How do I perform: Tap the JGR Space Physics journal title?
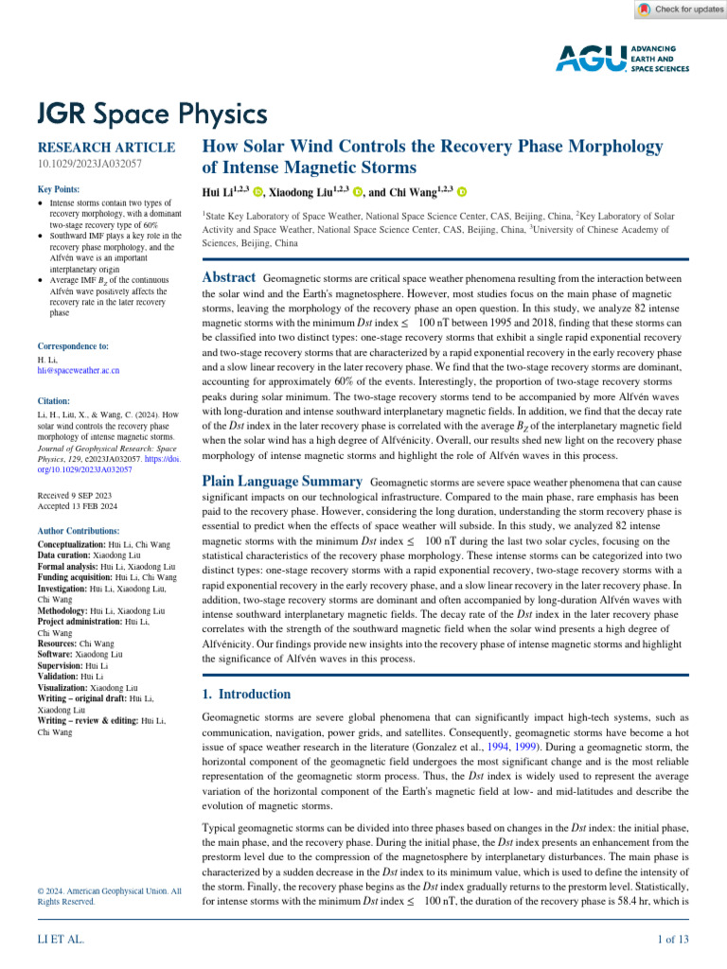[x=151, y=115]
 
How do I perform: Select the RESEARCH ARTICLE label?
[x=105, y=148]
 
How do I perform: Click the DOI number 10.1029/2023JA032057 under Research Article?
[x=89, y=165]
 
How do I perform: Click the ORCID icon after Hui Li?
[x=257, y=192]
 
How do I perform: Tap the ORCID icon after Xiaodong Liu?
[x=358, y=192]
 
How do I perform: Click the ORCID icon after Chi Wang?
[x=462, y=192]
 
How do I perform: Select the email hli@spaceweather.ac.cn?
[x=78, y=370]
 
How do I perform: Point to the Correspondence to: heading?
[x=73, y=346]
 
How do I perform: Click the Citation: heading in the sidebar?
[x=55, y=401]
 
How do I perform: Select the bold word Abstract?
[x=230, y=278]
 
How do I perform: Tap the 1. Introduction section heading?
[x=247, y=668]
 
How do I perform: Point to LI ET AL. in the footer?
[x=61, y=939]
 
